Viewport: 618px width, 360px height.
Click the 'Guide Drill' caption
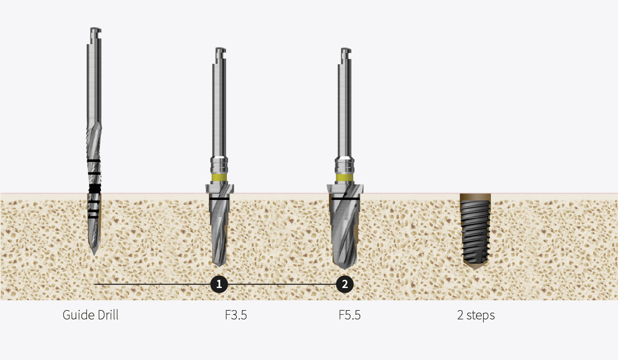click(91, 315)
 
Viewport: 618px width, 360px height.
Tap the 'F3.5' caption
click(236, 315)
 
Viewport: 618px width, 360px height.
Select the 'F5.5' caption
click(349, 315)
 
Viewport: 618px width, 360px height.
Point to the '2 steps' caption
click(476, 315)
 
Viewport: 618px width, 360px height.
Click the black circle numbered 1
click(219, 284)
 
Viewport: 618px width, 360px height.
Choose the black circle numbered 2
click(345, 284)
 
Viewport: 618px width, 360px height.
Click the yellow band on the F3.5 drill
click(219, 177)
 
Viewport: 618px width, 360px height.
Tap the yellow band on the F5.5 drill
click(345, 177)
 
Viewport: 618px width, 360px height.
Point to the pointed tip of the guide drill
click(95, 255)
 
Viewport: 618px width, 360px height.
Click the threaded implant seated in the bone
click(475, 231)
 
